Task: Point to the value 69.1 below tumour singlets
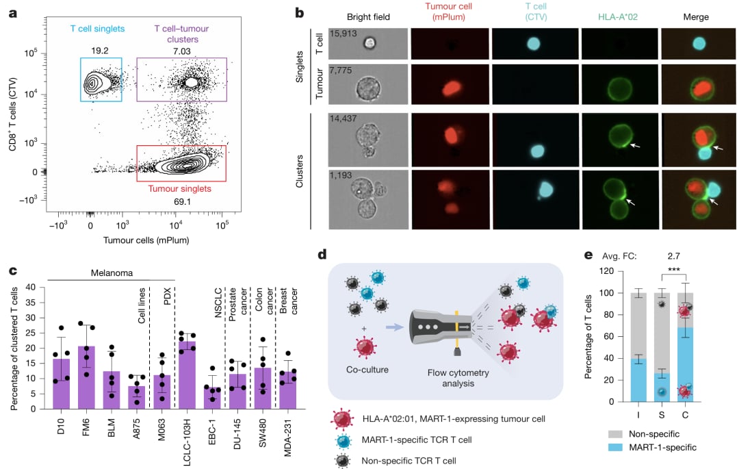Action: coord(181,201)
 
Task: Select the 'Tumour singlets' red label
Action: coord(181,188)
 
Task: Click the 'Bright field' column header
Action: coord(368,17)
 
